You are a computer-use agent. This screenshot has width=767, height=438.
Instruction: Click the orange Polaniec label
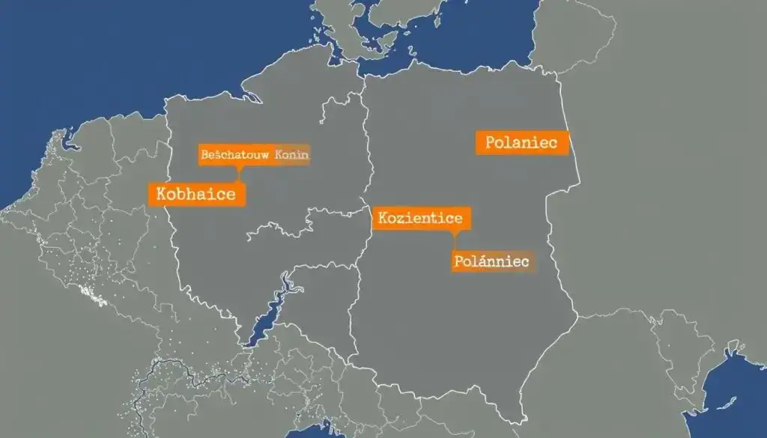[x=521, y=142]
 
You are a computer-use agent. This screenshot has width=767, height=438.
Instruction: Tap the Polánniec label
[x=491, y=261]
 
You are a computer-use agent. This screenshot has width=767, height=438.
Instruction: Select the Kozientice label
[x=421, y=218]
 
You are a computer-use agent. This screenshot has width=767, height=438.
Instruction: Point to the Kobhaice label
[x=196, y=194]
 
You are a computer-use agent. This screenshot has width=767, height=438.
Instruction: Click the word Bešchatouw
[x=234, y=155]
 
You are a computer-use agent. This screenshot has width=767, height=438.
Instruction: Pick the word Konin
[x=292, y=155]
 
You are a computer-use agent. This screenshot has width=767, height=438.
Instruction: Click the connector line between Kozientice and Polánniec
[x=454, y=240]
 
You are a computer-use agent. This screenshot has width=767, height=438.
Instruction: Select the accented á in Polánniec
[x=479, y=261]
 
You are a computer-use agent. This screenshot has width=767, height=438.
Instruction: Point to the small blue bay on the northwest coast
[x=70, y=139]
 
